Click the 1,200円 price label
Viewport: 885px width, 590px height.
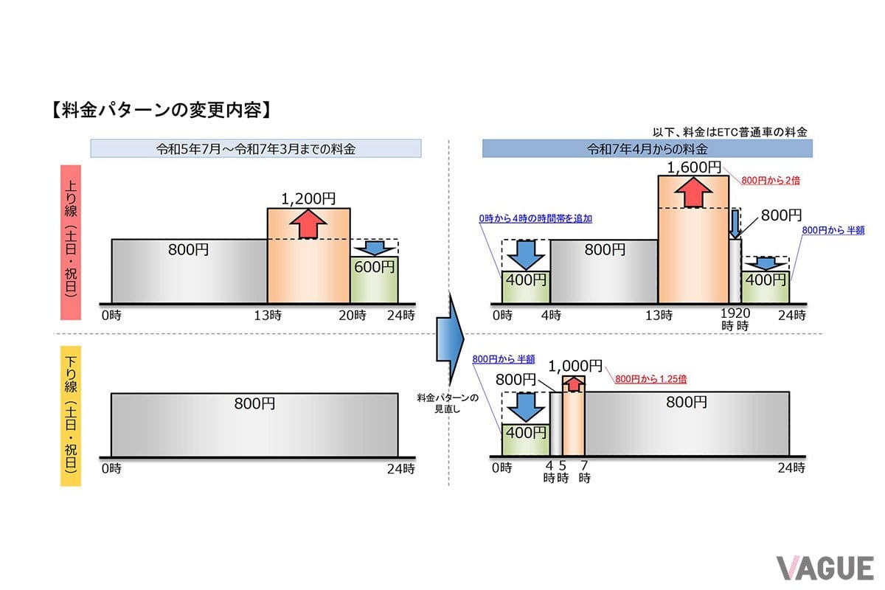tap(308, 199)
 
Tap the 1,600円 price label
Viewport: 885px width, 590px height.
tap(694, 167)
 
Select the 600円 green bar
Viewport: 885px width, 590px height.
tap(374, 280)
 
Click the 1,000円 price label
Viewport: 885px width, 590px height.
tap(575, 367)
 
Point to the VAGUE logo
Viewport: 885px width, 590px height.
tap(825, 569)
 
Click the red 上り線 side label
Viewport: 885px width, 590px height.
tap(71, 242)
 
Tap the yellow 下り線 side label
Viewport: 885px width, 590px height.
tap(71, 416)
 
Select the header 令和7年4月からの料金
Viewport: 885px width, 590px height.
tap(648, 149)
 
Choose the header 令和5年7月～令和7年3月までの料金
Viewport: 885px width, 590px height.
tap(256, 148)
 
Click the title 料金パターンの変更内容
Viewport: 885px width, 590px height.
tap(162, 110)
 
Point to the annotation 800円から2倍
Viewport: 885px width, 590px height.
tap(771, 181)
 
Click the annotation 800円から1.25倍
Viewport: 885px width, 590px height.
tap(650, 379)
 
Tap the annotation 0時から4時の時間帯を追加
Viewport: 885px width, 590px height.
tap(535, 218)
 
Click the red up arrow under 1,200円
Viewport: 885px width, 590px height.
tap(308, 224)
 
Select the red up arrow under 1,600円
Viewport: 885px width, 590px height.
tap(693, 192)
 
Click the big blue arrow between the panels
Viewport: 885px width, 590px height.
tap(450, 339)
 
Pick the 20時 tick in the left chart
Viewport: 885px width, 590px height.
tap(353, 316)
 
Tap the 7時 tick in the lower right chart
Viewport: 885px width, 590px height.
tap(584, 472)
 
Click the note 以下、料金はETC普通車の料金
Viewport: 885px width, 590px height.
tap(729, 132)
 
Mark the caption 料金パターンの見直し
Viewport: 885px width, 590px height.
tap(448, 403)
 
